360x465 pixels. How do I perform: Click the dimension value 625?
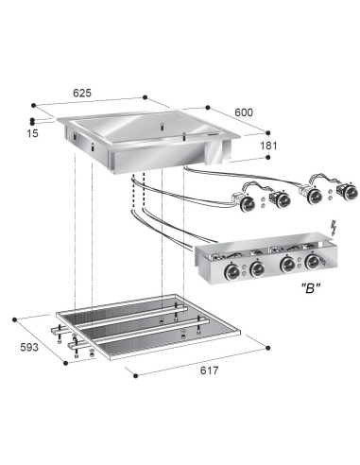[82, 93]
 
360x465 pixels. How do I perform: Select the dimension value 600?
[244, 112]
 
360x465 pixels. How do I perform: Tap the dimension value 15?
[33, 133]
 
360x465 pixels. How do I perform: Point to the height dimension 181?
[268, 146]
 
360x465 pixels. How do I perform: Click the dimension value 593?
[29, 347]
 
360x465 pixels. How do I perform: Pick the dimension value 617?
[209, 370]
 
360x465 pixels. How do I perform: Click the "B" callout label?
[311, 288]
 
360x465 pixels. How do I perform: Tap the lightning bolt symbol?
[334, 228]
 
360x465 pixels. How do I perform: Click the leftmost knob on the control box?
[231, 270]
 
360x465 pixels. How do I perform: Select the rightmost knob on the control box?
[313, 262]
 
